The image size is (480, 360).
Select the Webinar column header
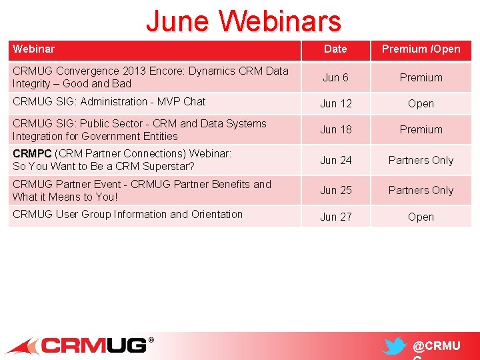point(33,49)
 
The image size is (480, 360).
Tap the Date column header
point(335,49)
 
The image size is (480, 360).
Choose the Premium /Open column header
point(421,49)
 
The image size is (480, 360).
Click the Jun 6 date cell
point(335,77)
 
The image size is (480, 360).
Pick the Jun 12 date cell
point(335,103)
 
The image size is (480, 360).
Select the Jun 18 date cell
point(335,129)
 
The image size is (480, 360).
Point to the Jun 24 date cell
point(335,160)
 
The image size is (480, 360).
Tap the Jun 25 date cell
point(335,190)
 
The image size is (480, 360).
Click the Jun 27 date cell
point(335,217)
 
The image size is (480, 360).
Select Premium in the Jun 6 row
point(421,77)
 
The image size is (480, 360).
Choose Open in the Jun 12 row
point(421,103)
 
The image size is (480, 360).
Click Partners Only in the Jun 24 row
point(421,160)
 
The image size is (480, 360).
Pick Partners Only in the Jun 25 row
point(421,190)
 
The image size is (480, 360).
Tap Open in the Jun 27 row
point(421,217)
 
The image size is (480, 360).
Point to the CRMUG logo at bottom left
point(80,345)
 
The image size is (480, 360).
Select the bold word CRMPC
point(31,154)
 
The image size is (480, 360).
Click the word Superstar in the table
point(167,167)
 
